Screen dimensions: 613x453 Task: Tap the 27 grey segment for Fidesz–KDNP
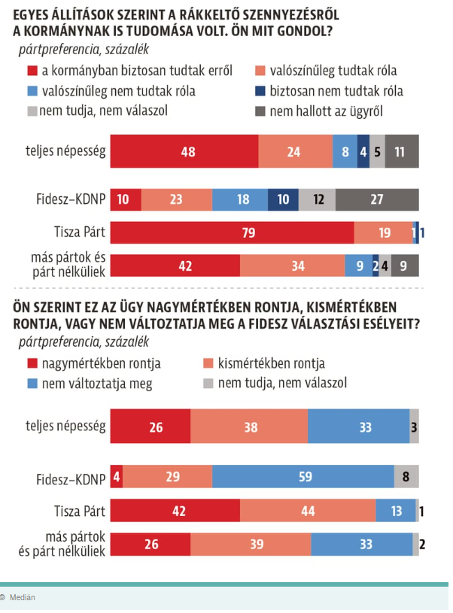pos(377,199)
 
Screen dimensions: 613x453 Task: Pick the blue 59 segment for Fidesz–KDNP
pos(303,478)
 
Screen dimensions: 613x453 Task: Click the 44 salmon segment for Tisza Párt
pos(308,511)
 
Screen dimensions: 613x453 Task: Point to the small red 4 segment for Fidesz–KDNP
pos(116,478)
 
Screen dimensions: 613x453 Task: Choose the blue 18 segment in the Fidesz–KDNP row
pos(240,199)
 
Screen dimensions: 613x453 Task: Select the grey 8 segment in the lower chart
pos(406,478)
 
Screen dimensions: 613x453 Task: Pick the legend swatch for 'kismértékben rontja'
pos(211,363)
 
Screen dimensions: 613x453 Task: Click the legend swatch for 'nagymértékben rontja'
pos(32,363)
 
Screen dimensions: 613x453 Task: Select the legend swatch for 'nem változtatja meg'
pos(32,384)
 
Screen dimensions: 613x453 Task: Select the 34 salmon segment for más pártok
pos(292,265)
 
